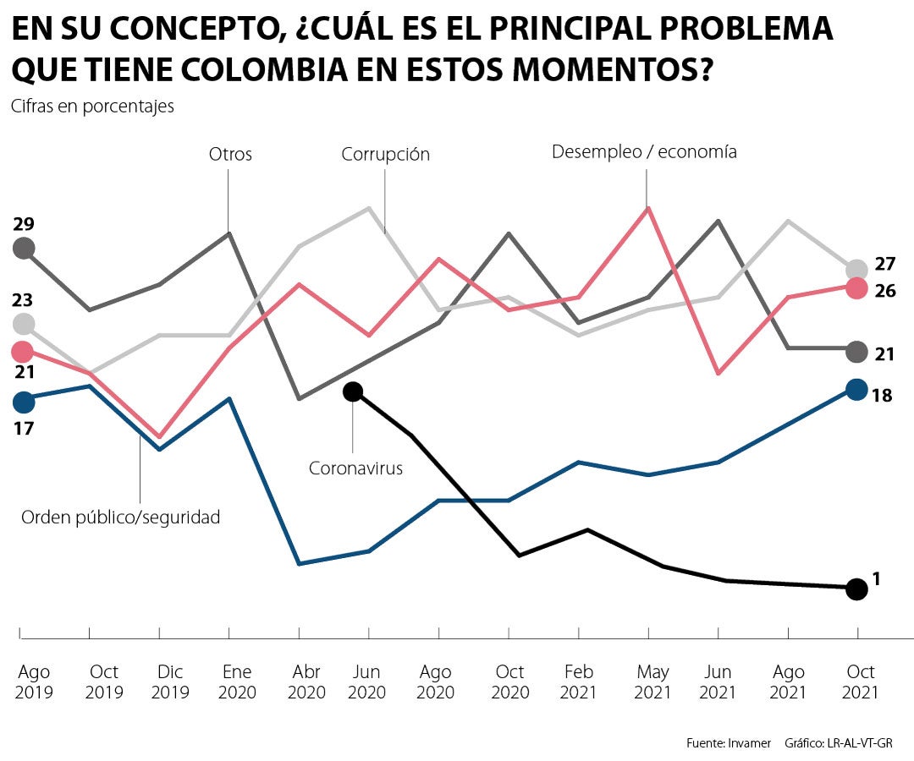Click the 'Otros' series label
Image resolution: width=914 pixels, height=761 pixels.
click(230, 155)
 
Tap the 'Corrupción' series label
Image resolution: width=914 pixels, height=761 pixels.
click(386, 155)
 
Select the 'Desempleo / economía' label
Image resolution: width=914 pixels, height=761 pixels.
click(644, 152)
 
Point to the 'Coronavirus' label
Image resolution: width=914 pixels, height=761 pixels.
click(355, 468)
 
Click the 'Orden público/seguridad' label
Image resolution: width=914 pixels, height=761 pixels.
click(120, 517)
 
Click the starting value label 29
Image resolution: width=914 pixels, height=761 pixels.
click(24, 224)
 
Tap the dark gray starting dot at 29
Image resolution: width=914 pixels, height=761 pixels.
click(24, 249)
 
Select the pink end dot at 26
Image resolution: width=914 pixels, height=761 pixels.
click(857, 288)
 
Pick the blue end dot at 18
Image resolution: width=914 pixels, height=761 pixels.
click(857, 390)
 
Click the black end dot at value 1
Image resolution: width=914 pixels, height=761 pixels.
click(857, 589)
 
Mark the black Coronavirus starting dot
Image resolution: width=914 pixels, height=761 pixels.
click(353, 391)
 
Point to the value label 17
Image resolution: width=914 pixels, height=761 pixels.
click(24, 428)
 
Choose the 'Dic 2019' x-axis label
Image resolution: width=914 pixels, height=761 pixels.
click(170, 682)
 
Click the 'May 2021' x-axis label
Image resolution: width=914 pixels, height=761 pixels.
click(652, 682)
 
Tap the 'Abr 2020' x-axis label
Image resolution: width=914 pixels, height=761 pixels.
click(306, 682)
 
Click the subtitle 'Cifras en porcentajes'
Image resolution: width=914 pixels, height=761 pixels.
click(93, 107)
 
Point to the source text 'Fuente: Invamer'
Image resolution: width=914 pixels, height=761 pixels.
click(729, 743)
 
